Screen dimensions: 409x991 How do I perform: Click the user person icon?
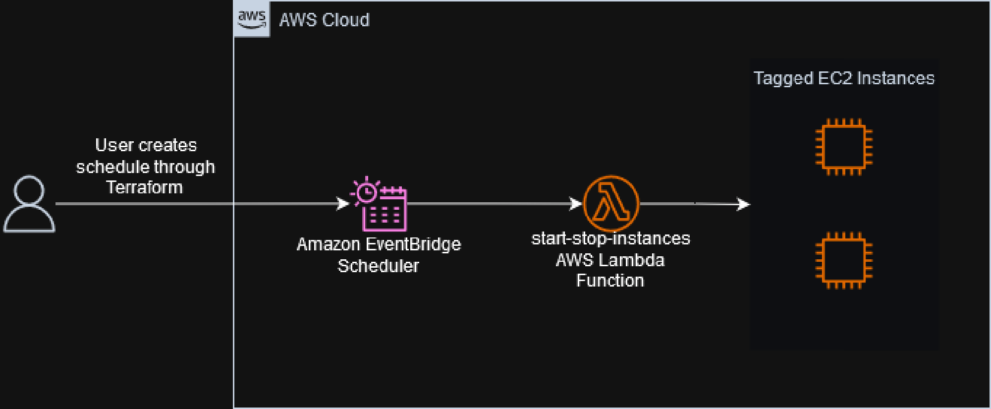29,204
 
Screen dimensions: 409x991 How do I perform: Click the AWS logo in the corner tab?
252,19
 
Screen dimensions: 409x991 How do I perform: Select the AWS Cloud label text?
324,20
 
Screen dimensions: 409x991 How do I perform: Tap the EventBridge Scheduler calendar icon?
379,204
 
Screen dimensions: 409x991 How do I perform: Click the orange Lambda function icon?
611,203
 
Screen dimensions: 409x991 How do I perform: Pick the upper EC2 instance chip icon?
844,147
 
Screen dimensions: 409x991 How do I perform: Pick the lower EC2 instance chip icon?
844,261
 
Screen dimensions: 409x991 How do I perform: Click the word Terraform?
144,187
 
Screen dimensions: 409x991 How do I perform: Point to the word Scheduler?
378,266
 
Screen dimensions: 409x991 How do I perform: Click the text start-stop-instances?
610,238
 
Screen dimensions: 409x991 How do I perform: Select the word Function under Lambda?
610,281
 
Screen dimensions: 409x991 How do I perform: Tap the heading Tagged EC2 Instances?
844,78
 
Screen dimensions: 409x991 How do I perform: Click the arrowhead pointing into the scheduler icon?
343,203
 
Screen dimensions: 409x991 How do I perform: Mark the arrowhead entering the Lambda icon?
576,203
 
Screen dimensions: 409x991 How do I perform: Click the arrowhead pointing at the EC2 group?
744,204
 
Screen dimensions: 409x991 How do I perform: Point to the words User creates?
146,145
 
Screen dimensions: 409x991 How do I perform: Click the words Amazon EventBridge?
379,244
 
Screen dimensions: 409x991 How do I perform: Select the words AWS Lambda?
610,260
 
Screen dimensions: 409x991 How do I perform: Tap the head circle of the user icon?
29,190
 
